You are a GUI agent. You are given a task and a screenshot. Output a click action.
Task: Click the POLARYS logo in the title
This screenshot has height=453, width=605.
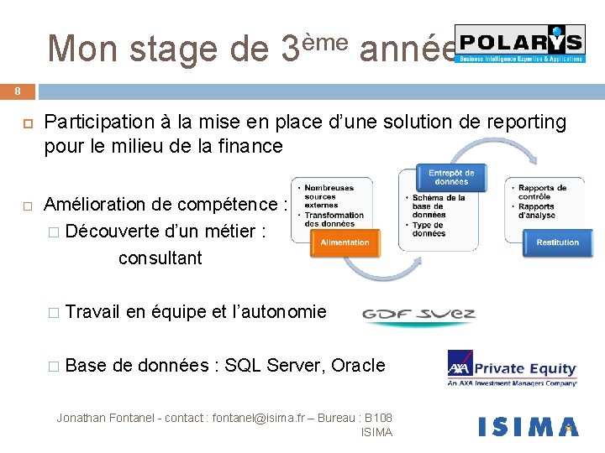pyautogui.click(x=520, y=44)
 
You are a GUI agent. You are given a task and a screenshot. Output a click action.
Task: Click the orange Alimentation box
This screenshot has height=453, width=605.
pyautogui.click(x=345, y=242)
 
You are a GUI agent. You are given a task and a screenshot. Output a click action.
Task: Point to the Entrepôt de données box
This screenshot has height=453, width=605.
pyautogui.click(x=451, y=177)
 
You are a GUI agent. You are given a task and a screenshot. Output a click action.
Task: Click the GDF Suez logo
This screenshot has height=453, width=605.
pyautogui.click(x=418, y=315)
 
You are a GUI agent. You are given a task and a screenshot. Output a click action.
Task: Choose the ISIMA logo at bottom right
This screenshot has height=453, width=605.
pyautogui.click(x=528, y=427)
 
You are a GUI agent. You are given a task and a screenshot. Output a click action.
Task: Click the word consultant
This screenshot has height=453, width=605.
pyautogui.click(x=160, y=258)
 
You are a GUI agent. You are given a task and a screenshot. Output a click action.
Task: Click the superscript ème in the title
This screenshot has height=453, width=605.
pyautogui.click(x=324, y=39)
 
